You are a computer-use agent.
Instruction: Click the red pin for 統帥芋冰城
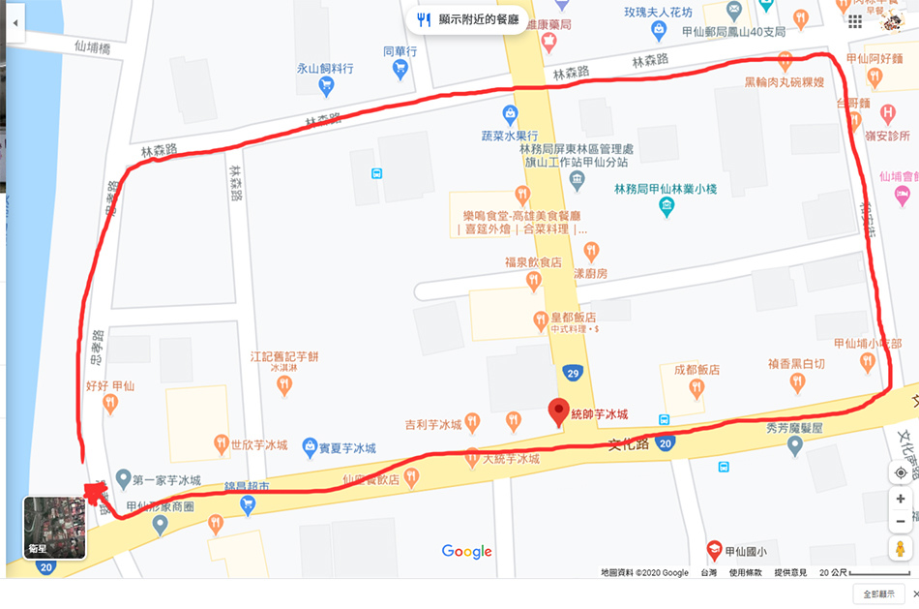pos(558,411)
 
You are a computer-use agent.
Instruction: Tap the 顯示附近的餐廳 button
pos(468,19)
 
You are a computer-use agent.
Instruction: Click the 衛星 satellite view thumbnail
pos(54,528)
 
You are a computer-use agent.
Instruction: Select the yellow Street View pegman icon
pos(901,549)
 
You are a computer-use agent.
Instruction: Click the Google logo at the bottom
pos(466,551)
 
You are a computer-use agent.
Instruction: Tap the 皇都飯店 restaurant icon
pos(541,319)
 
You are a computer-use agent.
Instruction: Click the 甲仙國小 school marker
pos(714,551)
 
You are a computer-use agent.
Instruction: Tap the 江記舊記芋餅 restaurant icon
pos(284,385)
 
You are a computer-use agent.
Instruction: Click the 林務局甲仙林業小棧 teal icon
pos(667,206)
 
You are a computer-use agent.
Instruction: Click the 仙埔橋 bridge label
pos(93,46)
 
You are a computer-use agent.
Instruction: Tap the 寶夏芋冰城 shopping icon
pos(310,447)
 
